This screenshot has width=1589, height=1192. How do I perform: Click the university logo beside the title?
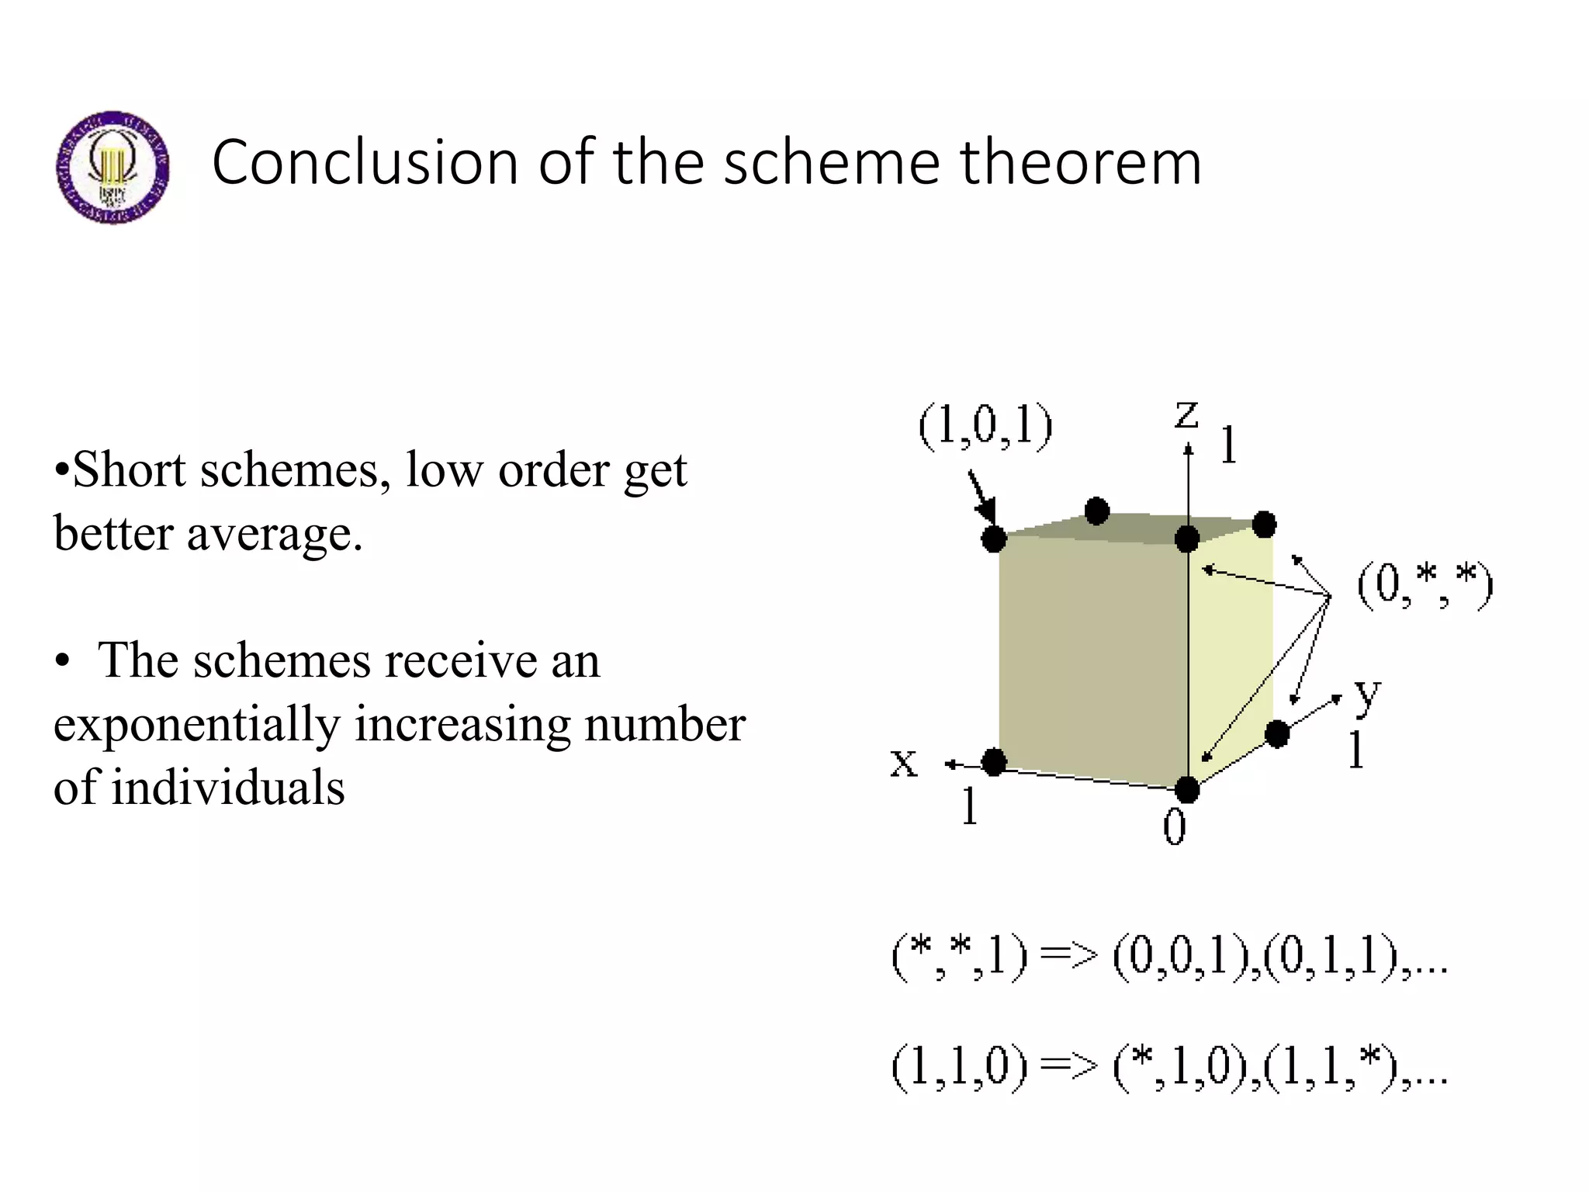[113, 167]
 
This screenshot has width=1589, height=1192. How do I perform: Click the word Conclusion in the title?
[365, 163]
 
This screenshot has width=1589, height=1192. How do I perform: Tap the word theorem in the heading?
[1081, 163]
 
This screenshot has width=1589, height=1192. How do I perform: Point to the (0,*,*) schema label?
[1425, 585]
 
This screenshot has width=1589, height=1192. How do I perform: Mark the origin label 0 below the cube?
[1175, 826]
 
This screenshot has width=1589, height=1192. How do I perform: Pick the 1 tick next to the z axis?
[1228, 445]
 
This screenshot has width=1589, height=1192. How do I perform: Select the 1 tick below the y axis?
[1355, 750]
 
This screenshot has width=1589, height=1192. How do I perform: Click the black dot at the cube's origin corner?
[1187, 790]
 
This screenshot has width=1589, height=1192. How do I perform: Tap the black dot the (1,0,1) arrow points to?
[994, 539]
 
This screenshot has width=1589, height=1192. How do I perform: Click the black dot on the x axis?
[994, 762]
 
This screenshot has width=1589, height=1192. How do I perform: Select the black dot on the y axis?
[1277, 733]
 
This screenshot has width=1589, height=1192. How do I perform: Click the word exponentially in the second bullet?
[196, 725]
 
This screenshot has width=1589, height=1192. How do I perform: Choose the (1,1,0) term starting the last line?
[960, 1066]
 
